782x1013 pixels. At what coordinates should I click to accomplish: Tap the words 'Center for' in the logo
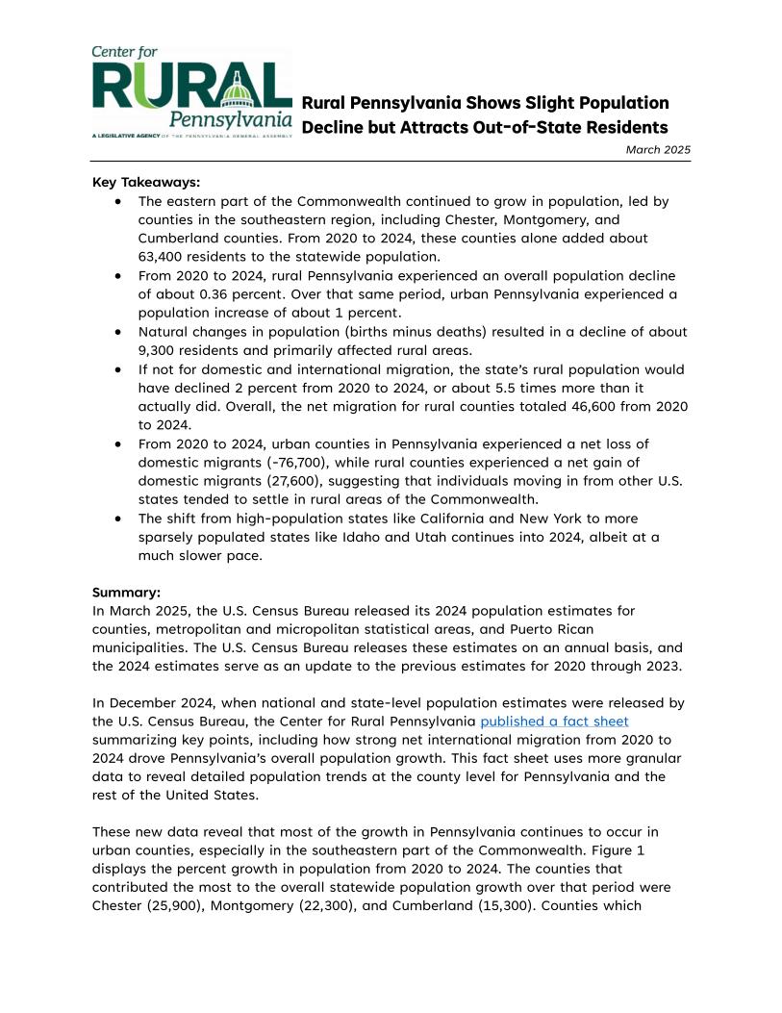pyautogui.click(x=125, y=52)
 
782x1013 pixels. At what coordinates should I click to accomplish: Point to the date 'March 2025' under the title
pyautogui.click(x=658, y=149)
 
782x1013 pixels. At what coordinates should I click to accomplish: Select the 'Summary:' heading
pyautogui.click(x=126, y=593)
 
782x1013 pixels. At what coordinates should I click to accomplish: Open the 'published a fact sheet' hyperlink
pyautogui.click(x=554, y=721)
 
